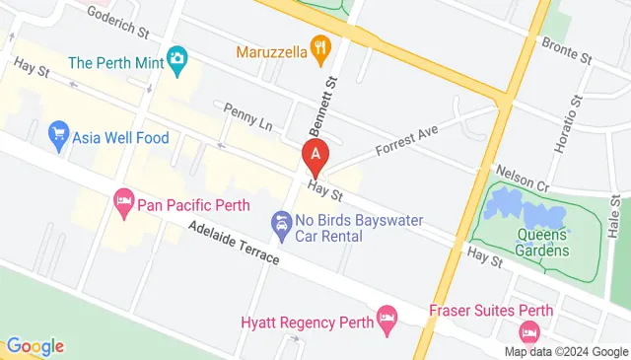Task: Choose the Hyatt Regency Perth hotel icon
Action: click(386, 318)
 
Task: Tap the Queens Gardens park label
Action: click(542, 243)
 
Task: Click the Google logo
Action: click(35, 346)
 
